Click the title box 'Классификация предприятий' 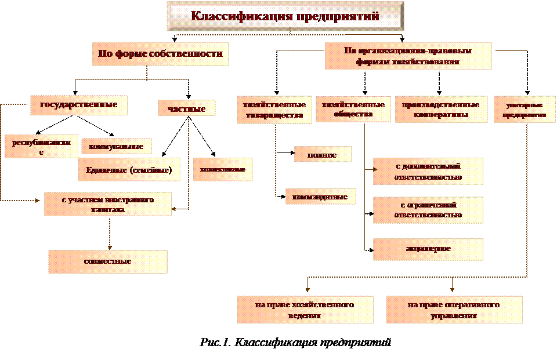click(285, 16)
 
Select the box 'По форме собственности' click(160, 54)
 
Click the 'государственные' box click(78, 105)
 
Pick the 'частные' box click(186, 108)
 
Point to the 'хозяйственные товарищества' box click(272, 110)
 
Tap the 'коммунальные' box click(117, 147)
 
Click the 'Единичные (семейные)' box click(129, 170)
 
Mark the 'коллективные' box click(222, 170)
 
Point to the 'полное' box click(323, 155)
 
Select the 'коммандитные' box click(320, 197)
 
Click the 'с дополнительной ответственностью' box click(428, 172)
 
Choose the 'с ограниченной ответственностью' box click(428, 210)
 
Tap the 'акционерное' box click(428, 249)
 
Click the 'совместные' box click(108, 261)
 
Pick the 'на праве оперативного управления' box click(454, 310)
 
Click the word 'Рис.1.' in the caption click(215, 342)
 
